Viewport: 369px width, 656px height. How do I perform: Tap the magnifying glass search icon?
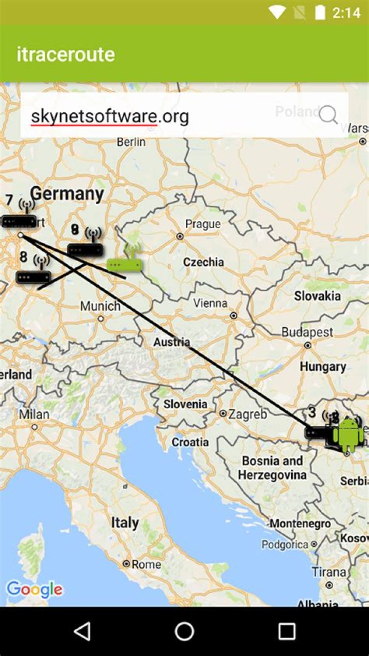coord(328,115)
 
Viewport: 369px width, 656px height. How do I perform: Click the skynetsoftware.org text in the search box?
coord(110,116)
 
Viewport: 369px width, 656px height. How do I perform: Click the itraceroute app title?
coord(66,54)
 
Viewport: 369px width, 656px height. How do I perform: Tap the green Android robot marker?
coord(348,434)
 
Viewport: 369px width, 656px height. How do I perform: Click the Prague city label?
coord(203,224)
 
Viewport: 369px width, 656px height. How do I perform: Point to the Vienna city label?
coord(210,303)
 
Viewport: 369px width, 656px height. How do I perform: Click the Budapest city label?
coord(307,332)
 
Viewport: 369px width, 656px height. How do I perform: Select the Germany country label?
coord(67,194)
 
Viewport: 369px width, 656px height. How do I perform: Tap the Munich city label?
coord(100,307)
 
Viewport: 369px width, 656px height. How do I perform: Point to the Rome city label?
coord(146,564)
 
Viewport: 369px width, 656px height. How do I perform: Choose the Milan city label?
coord(34,414)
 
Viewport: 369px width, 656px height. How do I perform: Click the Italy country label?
coord(125,523)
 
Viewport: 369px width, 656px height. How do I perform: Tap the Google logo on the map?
coord(34,589)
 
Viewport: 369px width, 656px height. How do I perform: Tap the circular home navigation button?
coord(184,631)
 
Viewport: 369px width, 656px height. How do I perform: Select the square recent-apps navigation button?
coord(286,631)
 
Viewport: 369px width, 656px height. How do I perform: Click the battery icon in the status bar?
coord(320,12)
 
